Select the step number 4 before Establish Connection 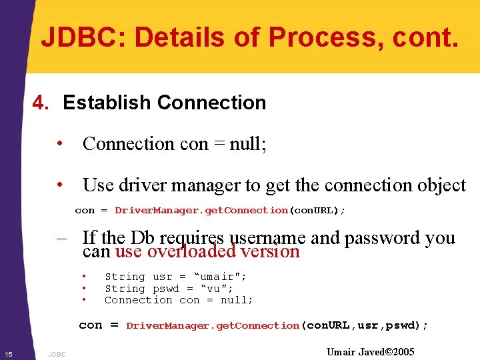tap(41, 103)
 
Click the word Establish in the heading tap(107, 103)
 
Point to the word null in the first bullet tap(247, 144)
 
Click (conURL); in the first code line tap(317, 211)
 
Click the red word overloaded tap(191, 252)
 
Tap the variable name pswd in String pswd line tap(166, 289)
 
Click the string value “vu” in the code tap(214, 289)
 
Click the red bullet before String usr tap(85, 277)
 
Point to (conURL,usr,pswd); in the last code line tap(365, 326)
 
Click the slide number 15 tap(7, 353)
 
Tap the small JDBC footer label tap(57, 354)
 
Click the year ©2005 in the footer tap(399, 352)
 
